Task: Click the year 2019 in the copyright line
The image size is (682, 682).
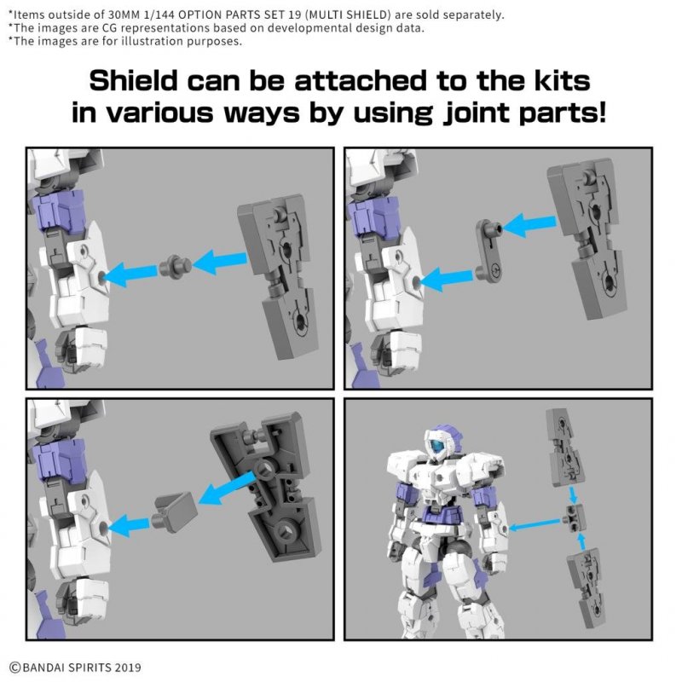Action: pos(123,667)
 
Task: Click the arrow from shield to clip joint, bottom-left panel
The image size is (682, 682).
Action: pos(226,488)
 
